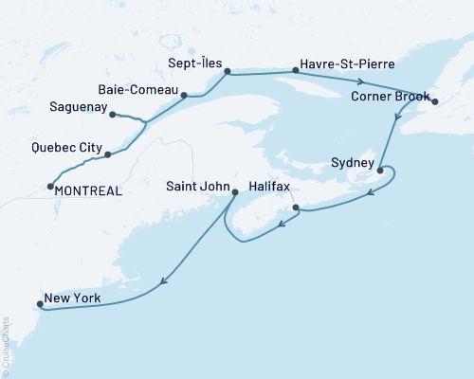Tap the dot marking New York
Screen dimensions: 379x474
tap(39, 305)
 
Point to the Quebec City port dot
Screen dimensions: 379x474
tap(107, 154)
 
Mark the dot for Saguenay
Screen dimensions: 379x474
tap(113, 116)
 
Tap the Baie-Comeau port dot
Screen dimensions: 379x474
tap(185, 95)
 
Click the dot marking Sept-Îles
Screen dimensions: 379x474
tap(227, 71)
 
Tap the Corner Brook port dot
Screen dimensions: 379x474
tap(434, 100)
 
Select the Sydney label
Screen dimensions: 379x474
tap(355, 162)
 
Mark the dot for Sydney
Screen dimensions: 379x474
tap(380, 171)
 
